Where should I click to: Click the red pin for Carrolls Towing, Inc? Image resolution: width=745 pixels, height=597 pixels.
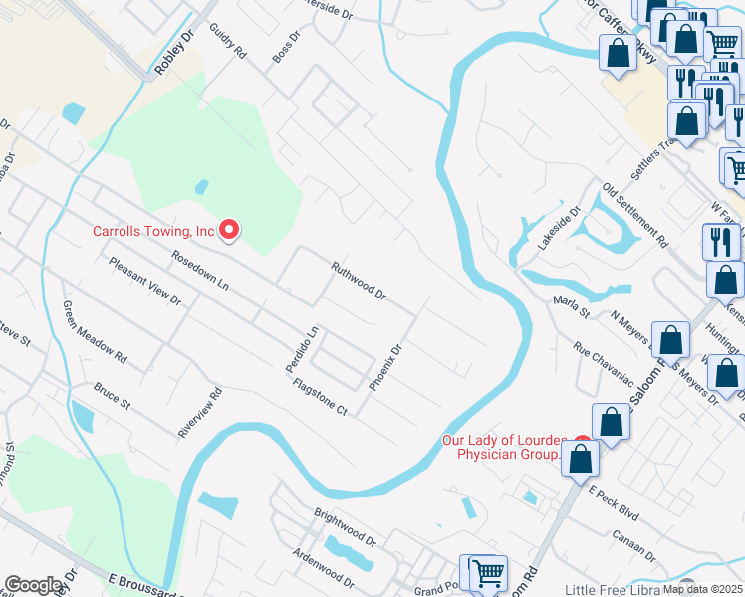coord(229,230)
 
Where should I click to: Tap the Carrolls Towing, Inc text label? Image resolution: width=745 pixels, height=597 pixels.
coord(153,231)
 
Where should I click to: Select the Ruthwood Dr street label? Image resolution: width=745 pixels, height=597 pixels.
coord(358,281)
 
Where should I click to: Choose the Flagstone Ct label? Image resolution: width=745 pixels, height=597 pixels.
coord(320,396)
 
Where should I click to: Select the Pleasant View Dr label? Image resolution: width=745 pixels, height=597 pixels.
coord(145,283)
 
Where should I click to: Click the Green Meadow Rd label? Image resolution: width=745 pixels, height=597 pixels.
coord(95,331)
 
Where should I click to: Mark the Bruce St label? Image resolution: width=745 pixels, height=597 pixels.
coord(113,396)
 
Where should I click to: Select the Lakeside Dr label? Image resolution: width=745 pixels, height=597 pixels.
coord(559,231)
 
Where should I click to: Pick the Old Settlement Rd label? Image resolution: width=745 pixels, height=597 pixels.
coord(634,213)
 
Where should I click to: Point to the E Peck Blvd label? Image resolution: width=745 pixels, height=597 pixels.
coord(613,504)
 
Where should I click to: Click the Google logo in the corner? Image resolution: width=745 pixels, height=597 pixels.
coord(33,585)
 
